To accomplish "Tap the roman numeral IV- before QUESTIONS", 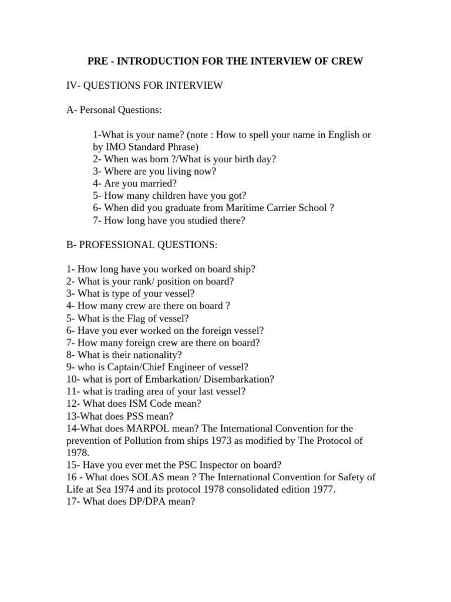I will click(73, 86).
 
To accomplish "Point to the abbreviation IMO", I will click(115, 147).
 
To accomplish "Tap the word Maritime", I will click(230, 208).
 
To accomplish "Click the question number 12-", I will click(73, 404).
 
